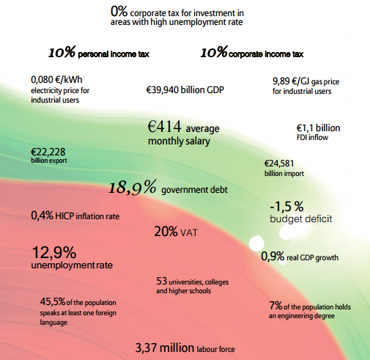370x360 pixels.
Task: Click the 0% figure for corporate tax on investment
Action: tap(119, 11)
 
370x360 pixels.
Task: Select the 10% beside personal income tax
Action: tap(62, 52)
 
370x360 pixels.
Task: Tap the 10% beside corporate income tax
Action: tap(214, 52)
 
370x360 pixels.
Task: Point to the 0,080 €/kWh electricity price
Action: tap(56, 80)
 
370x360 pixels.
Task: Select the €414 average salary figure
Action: tap(164, 126)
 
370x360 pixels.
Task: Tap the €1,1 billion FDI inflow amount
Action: tap(318, 128)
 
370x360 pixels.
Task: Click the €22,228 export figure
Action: tap(48, 152)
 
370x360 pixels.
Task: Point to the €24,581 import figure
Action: tap(279, 164)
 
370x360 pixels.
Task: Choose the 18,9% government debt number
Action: tap(132, 188)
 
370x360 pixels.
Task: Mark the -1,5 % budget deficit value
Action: tap(286, 207)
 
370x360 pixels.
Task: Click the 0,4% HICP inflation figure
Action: tap(42, 216)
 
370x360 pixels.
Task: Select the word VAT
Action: tap(189, 232)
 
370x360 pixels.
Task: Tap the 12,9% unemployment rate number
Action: tap(54, 252)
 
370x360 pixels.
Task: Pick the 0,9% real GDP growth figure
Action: tap(273, 257)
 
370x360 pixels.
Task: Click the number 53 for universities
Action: tap(162, 281)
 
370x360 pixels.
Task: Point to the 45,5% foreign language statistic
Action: tap(53, 301)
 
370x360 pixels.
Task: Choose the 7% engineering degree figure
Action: tap(275, 306)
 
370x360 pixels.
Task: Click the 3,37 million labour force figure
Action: tap(165, 348)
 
